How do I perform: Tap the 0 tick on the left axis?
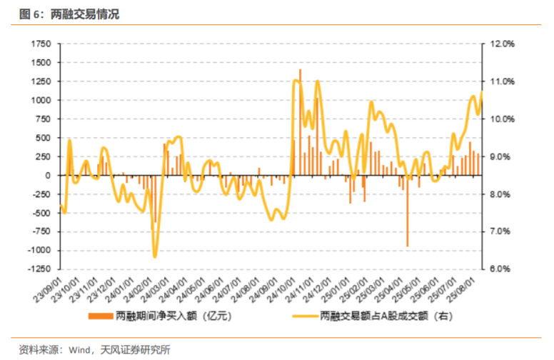click(x=49, y=176)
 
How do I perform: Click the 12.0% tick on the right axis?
click(x=503, y=44)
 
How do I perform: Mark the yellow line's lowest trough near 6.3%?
click(x=154, y=256)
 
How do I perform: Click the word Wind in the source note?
click(x=79, y=349)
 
